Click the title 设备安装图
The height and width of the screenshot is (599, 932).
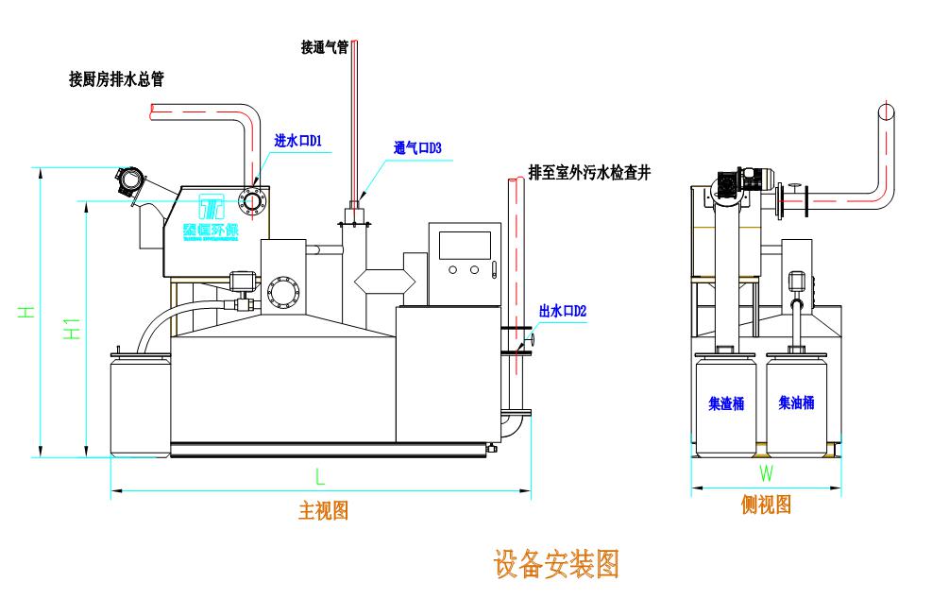(555, 564)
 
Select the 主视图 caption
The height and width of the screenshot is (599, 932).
(324, 511)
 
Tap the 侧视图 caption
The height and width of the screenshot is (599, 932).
(766, 505)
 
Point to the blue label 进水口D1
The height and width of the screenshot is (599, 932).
(298, 141)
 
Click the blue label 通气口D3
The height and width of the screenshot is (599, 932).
(417, 148)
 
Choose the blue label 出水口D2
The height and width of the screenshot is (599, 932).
(563, 310)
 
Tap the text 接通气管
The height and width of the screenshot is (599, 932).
(325, 47)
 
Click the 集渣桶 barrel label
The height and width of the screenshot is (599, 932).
(726, 403)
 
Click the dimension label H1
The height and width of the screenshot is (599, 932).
(72, 328)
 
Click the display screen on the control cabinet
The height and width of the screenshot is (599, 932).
(464, 244)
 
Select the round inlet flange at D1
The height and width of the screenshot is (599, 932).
(252, 198)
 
